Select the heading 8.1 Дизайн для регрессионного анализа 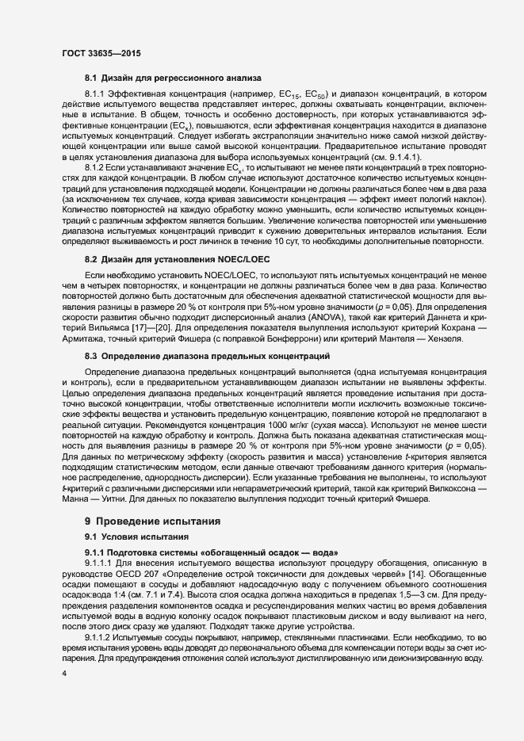click(166, 78)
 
